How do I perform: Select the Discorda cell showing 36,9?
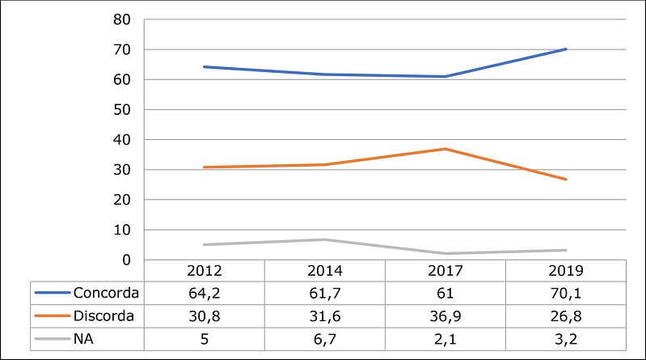445,315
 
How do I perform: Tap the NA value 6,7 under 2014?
323,337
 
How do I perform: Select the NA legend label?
82,337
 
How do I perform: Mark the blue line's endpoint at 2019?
566,49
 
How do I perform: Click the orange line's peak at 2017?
445,149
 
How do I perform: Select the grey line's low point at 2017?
445,253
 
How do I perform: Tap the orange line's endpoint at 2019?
566,180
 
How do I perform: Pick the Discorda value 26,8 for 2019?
565,315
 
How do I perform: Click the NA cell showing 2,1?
445,337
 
